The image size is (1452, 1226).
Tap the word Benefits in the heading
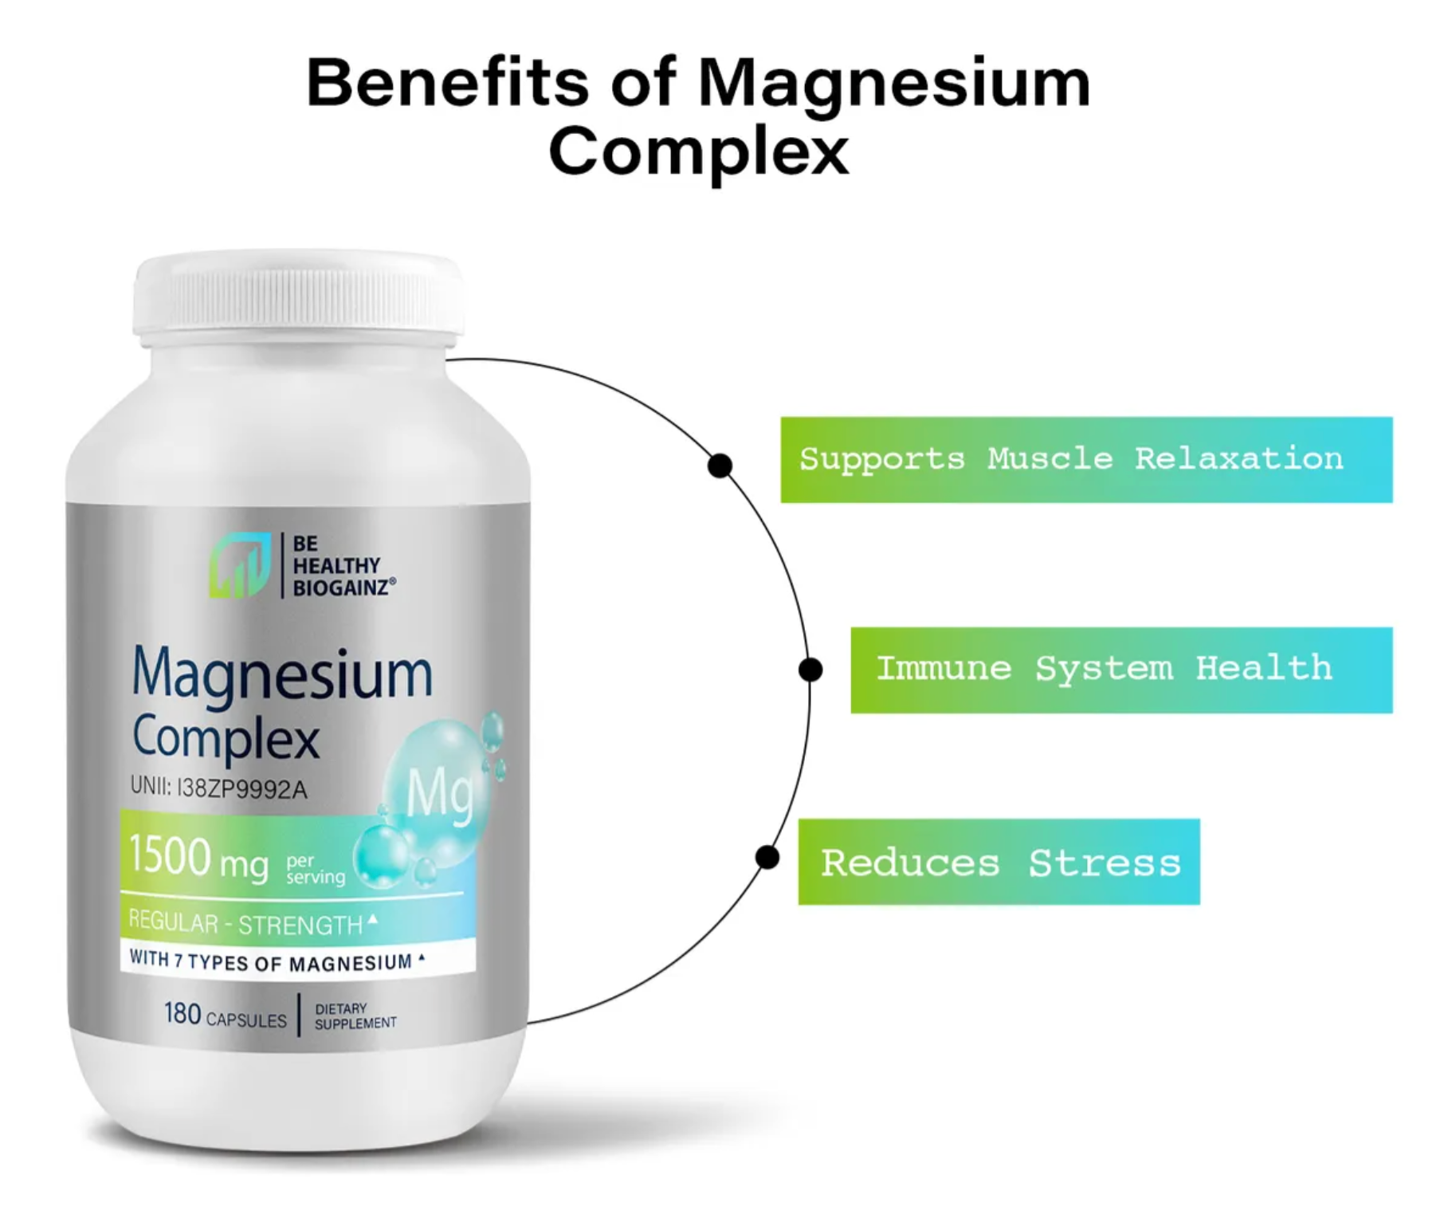click(446, 82)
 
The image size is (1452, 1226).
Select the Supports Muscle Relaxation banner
click(1085, 460)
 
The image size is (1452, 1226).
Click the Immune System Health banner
click(1120, 670)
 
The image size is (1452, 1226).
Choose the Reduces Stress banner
click(998, 862)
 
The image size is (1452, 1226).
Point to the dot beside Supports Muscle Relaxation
click(720, 466)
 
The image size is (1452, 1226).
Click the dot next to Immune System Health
click(810, 670)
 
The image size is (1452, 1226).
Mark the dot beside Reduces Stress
click(767, 858)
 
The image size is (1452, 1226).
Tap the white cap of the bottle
click(298, 295)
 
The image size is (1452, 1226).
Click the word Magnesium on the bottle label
click(282, 674)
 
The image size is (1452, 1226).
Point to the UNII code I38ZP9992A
click(218, 788)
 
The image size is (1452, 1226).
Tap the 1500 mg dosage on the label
click(199, 858)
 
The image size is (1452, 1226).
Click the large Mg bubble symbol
click(439, 793)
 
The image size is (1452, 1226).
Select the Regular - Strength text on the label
click(247, 924)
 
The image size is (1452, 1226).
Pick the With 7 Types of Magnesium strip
click(275, 961)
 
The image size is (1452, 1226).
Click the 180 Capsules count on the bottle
click(225, 1015)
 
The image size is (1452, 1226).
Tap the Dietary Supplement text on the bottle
click(355, 1016)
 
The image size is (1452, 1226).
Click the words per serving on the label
click(315, 869)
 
